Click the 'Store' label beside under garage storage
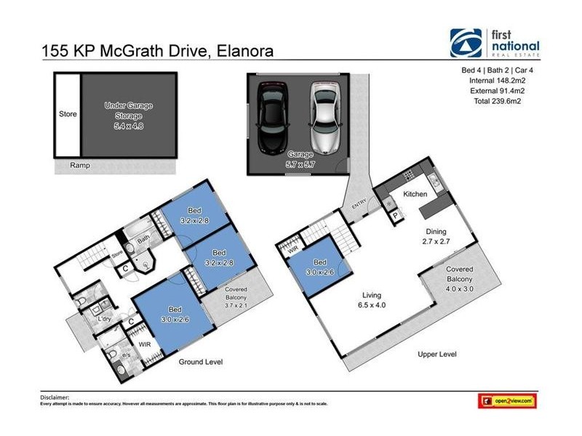click(67, 114)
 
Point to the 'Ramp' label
click(80, 165)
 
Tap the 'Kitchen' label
click(415, 194)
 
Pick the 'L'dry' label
click(104, 318)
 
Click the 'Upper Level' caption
click(436, 354)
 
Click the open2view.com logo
click(507, 400)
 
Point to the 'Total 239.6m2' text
click(497, 102)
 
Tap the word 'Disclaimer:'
click(55, 397)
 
